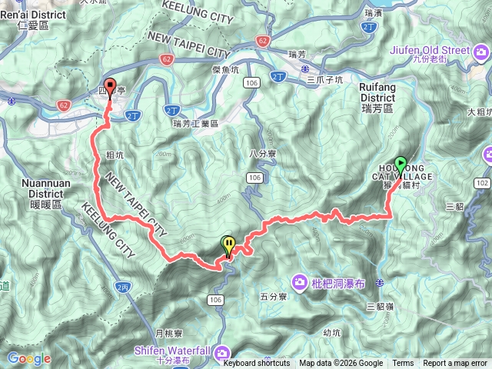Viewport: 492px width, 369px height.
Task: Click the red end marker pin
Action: click(x=109, y=87)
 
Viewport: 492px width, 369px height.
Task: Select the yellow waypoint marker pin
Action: click(x=228, y=245)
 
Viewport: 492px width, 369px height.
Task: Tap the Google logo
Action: click(x=29, y=358)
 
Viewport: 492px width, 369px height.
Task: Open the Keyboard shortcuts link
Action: click(x=257, y=364)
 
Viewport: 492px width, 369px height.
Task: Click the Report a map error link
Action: click(x=455, y=364)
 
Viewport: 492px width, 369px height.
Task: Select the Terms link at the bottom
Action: click(x=403, y=364)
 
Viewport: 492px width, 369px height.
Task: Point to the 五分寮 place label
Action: click(x=273, y=296)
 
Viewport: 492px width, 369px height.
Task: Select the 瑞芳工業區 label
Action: click(x=196, y=123)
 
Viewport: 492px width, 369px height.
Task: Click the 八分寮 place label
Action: click(x=263, y=153)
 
